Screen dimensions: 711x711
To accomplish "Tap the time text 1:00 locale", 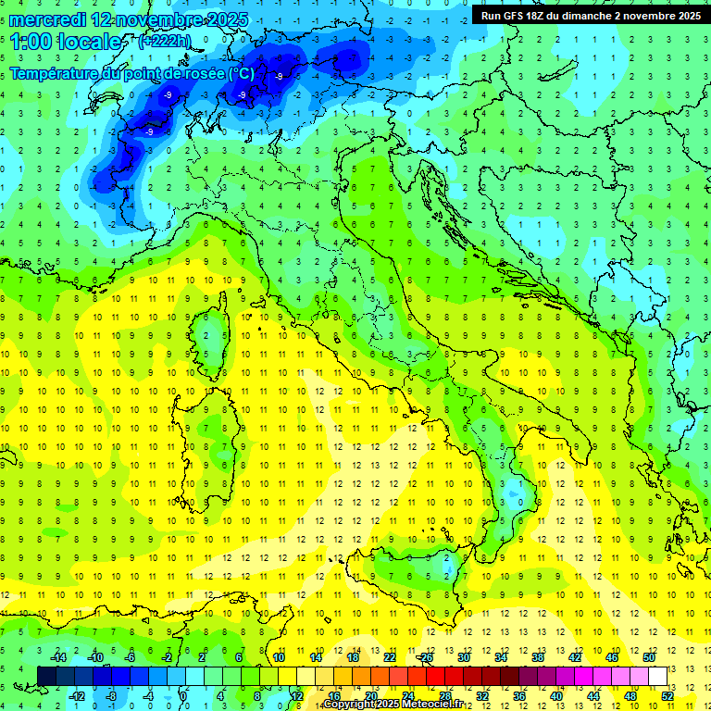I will [66, 42].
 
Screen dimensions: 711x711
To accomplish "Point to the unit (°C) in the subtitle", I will [241, 73].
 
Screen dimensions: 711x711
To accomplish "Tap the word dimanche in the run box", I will [589, 16].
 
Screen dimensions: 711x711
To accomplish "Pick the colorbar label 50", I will [649, 657].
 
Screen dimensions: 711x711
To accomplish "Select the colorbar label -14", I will [57, 657].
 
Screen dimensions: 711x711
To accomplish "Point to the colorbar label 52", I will [667, 695].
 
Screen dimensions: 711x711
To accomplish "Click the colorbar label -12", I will [76, 695].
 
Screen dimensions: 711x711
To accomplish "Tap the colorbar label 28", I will [444, 695].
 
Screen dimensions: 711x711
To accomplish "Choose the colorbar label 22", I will [390, 657].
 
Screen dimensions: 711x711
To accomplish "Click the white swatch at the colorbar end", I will [658, 676].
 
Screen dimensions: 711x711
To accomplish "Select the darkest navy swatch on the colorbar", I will [47, 676].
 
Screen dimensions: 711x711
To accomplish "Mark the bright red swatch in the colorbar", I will [435, 676].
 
